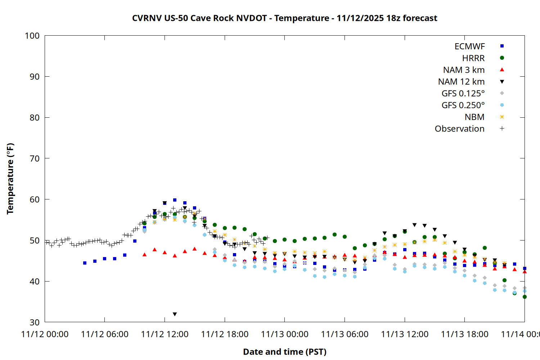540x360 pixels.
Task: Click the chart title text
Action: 284,18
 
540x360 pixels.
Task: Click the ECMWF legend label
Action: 469,46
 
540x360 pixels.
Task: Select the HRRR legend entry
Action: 473,58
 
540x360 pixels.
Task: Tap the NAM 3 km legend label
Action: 464,70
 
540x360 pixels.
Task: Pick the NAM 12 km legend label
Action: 461,82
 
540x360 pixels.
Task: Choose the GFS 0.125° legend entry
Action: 463,94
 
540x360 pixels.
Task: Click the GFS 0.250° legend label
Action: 463,105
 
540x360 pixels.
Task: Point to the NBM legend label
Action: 474,117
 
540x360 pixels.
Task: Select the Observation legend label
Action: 459,129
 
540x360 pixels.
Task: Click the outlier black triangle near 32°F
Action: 175,314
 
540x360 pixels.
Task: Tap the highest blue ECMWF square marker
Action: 175,200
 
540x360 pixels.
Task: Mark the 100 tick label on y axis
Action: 32,36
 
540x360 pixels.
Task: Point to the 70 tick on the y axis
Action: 35,158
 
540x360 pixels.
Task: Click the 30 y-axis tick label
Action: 35,322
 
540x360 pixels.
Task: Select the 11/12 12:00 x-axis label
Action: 165,334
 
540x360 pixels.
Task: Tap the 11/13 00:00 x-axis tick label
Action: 284,334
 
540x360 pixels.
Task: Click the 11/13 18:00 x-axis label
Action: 464,334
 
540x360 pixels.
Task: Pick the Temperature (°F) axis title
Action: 10,179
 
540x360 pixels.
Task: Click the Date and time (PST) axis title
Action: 284,352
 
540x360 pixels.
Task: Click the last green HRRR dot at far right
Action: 525,297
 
